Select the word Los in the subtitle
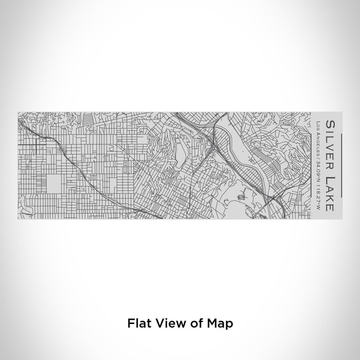pyautogui.click(x=318, y=125)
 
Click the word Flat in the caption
pyautogui.click(x=139, y=323)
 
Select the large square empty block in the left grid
pyautogui.click(x=58, y=183)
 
